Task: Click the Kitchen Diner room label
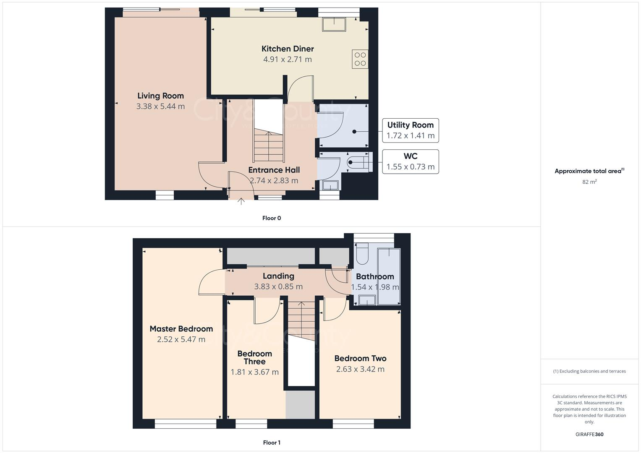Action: (x=288, y=49)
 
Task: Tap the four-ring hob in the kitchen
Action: (x=360, y=59)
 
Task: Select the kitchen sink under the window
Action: (x=334, y=24)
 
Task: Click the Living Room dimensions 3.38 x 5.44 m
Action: (x=160, y=107)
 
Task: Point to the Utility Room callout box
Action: (x=410, y=130)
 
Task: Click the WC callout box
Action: (x=410, y=161)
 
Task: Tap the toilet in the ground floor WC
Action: (x=359, y=162)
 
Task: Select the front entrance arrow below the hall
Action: (x=241, y=201)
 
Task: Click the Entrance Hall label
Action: (x=274, y=170)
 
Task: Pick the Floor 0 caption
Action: (x=271, y=218)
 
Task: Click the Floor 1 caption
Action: (x=271, y=443)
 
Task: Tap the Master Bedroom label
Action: (x=181, y=329)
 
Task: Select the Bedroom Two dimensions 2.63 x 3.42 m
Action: (x=360, y=369)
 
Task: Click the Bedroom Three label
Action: (x=254, y=357)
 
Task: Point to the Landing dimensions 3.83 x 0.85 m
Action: (x=278, y=287)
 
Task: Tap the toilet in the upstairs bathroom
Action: (x=361, y=253)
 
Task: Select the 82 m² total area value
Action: (x=589, y=182)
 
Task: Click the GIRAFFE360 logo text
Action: (x=589, y=434)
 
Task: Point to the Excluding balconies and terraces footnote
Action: (x=589, y=371)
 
